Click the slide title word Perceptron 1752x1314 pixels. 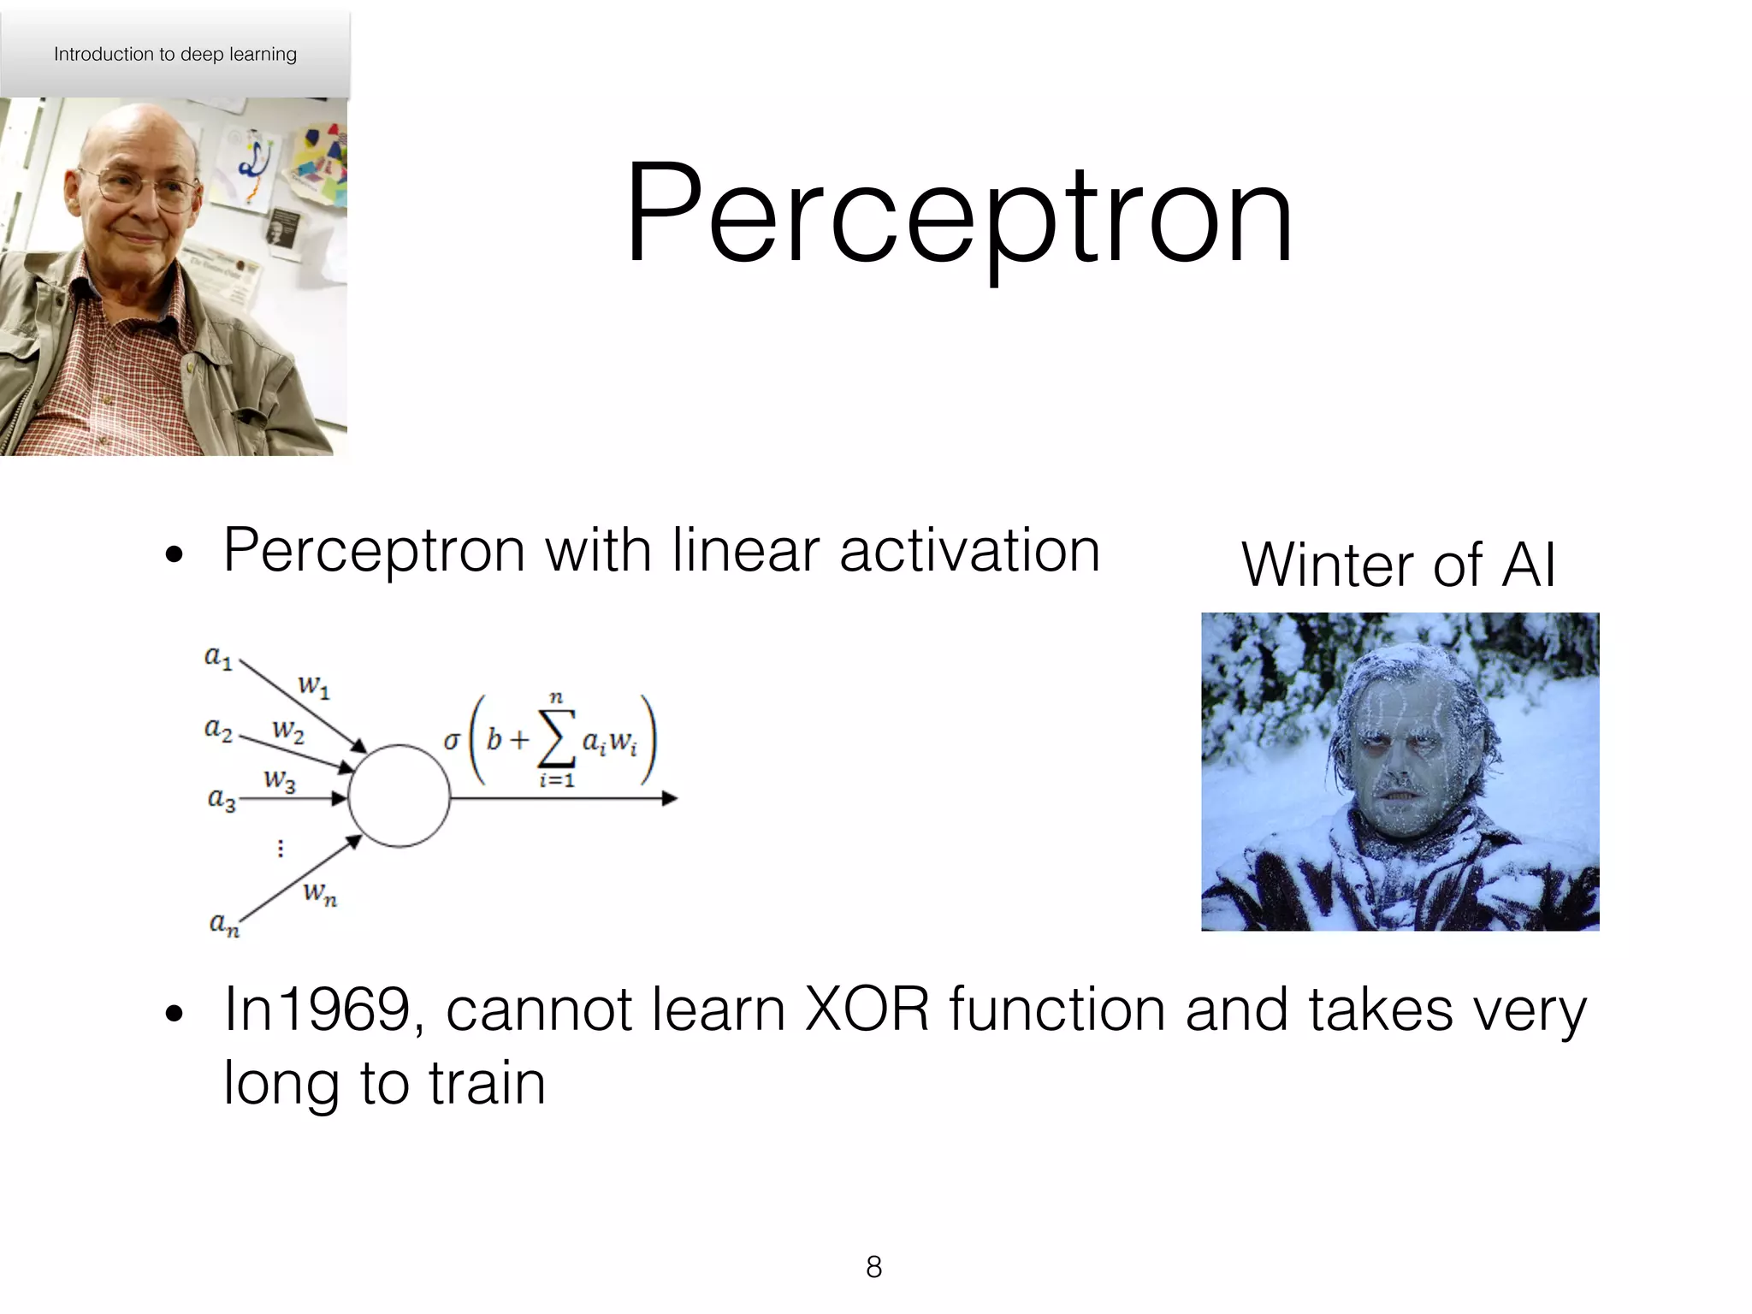[958, 214]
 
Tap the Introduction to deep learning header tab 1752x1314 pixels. [175, 54]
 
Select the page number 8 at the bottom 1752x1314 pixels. [873, 1266]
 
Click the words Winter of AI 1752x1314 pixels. [1398, 565]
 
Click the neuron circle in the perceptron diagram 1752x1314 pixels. [399, 796]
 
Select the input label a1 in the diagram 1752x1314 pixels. [218, 657]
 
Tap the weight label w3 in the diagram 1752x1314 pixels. [280, 780]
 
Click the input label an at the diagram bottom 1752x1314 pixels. [224, 924]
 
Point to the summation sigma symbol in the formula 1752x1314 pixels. [555, 741]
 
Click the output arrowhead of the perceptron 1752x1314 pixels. [670, 798]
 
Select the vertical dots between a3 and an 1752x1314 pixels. [281, 848]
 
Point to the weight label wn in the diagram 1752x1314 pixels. [320, 894]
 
